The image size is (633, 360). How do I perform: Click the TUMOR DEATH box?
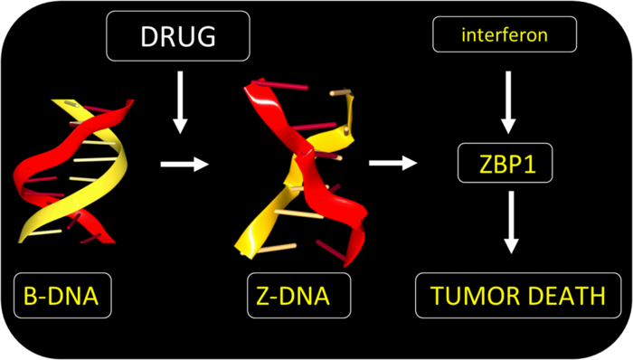point(511,295)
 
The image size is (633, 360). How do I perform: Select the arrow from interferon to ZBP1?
point(510,99)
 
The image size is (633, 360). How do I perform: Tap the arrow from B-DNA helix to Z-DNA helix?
point(184,165)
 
